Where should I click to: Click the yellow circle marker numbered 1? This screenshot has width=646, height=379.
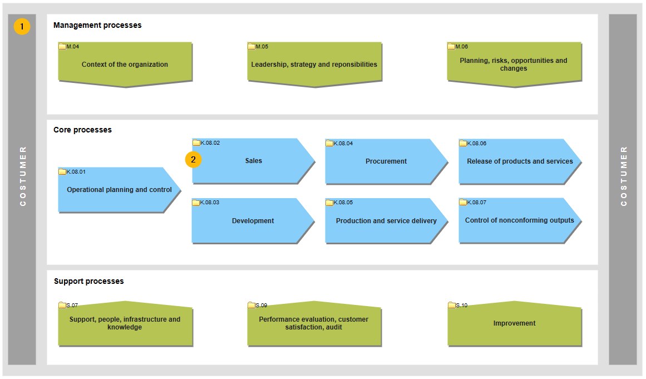pyautogui.click(x=22, y=27)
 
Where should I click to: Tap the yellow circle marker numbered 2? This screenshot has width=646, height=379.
pyautogui.click(x=193, y=160)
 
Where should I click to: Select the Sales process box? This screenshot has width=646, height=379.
pyautogui.click(x=253, y=161)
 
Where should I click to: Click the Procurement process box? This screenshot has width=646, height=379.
pyautogui.click(x=386, y=161)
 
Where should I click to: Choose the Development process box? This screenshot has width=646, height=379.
pyautogui.click(x=253, y=221)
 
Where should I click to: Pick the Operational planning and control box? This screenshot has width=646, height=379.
pyautogui.click(x=119, y=190)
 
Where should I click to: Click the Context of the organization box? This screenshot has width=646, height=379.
pyautogui.click(x=125, y=65)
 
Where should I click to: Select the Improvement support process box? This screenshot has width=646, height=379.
pyautogui.click(x=514, y=323)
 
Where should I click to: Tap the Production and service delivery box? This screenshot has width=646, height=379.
pyautogui.click(x=386, y=221)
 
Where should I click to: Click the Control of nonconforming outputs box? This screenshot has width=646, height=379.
pyautogui.click(x=519, y=220)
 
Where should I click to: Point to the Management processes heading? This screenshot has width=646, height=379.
pyautogui.click(x=97, y=25)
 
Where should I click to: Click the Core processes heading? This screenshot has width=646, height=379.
pyautogui.click(x=82, y=130)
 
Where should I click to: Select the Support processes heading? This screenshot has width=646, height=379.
pyautogui.click(x=88, y=281)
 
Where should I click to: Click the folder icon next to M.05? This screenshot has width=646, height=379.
pyautogui.click(x=252, y=47)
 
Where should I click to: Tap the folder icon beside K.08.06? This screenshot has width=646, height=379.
pyautogui.click(x=463, y=144)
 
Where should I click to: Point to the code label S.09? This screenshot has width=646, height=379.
pyautogui.click(x=262, y=306)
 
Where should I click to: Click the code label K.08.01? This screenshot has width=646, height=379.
pyautogui.click(x=76, y=172)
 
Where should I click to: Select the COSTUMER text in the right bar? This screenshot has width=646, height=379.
pyautogui.click(x=623, y=176)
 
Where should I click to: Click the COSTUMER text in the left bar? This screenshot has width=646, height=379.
pyautogui.click(x=23, y=176)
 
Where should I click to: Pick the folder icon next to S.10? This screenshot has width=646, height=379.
pyautogui.click(x=452, y=306)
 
